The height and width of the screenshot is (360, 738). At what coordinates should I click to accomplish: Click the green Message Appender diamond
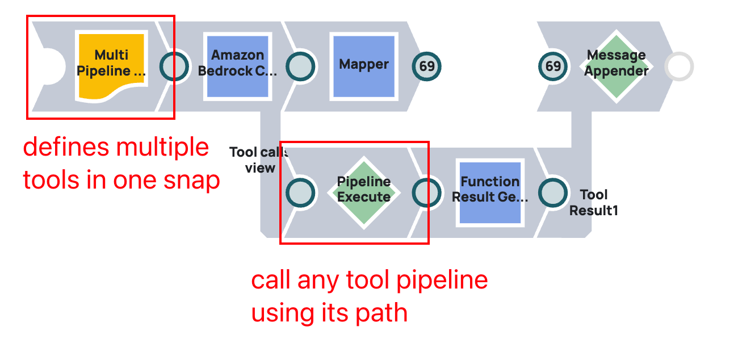[617, 66]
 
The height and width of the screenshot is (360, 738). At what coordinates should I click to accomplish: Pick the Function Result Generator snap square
[490, 192]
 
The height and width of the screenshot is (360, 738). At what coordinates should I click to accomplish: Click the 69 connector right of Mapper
[426, 66]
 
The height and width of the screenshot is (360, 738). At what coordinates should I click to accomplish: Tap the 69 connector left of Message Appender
[553, 66]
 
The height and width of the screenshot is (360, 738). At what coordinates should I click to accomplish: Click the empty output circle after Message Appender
[679, 67]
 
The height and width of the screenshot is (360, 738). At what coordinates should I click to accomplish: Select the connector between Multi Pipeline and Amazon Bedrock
[174, 66]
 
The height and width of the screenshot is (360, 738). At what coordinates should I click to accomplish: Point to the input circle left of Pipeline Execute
[300, 193]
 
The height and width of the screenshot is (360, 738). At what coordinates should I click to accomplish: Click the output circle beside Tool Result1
[553, 193]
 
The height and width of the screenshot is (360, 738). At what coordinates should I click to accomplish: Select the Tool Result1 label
[594, 203]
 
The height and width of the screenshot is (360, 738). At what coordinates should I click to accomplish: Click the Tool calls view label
[259, 160]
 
